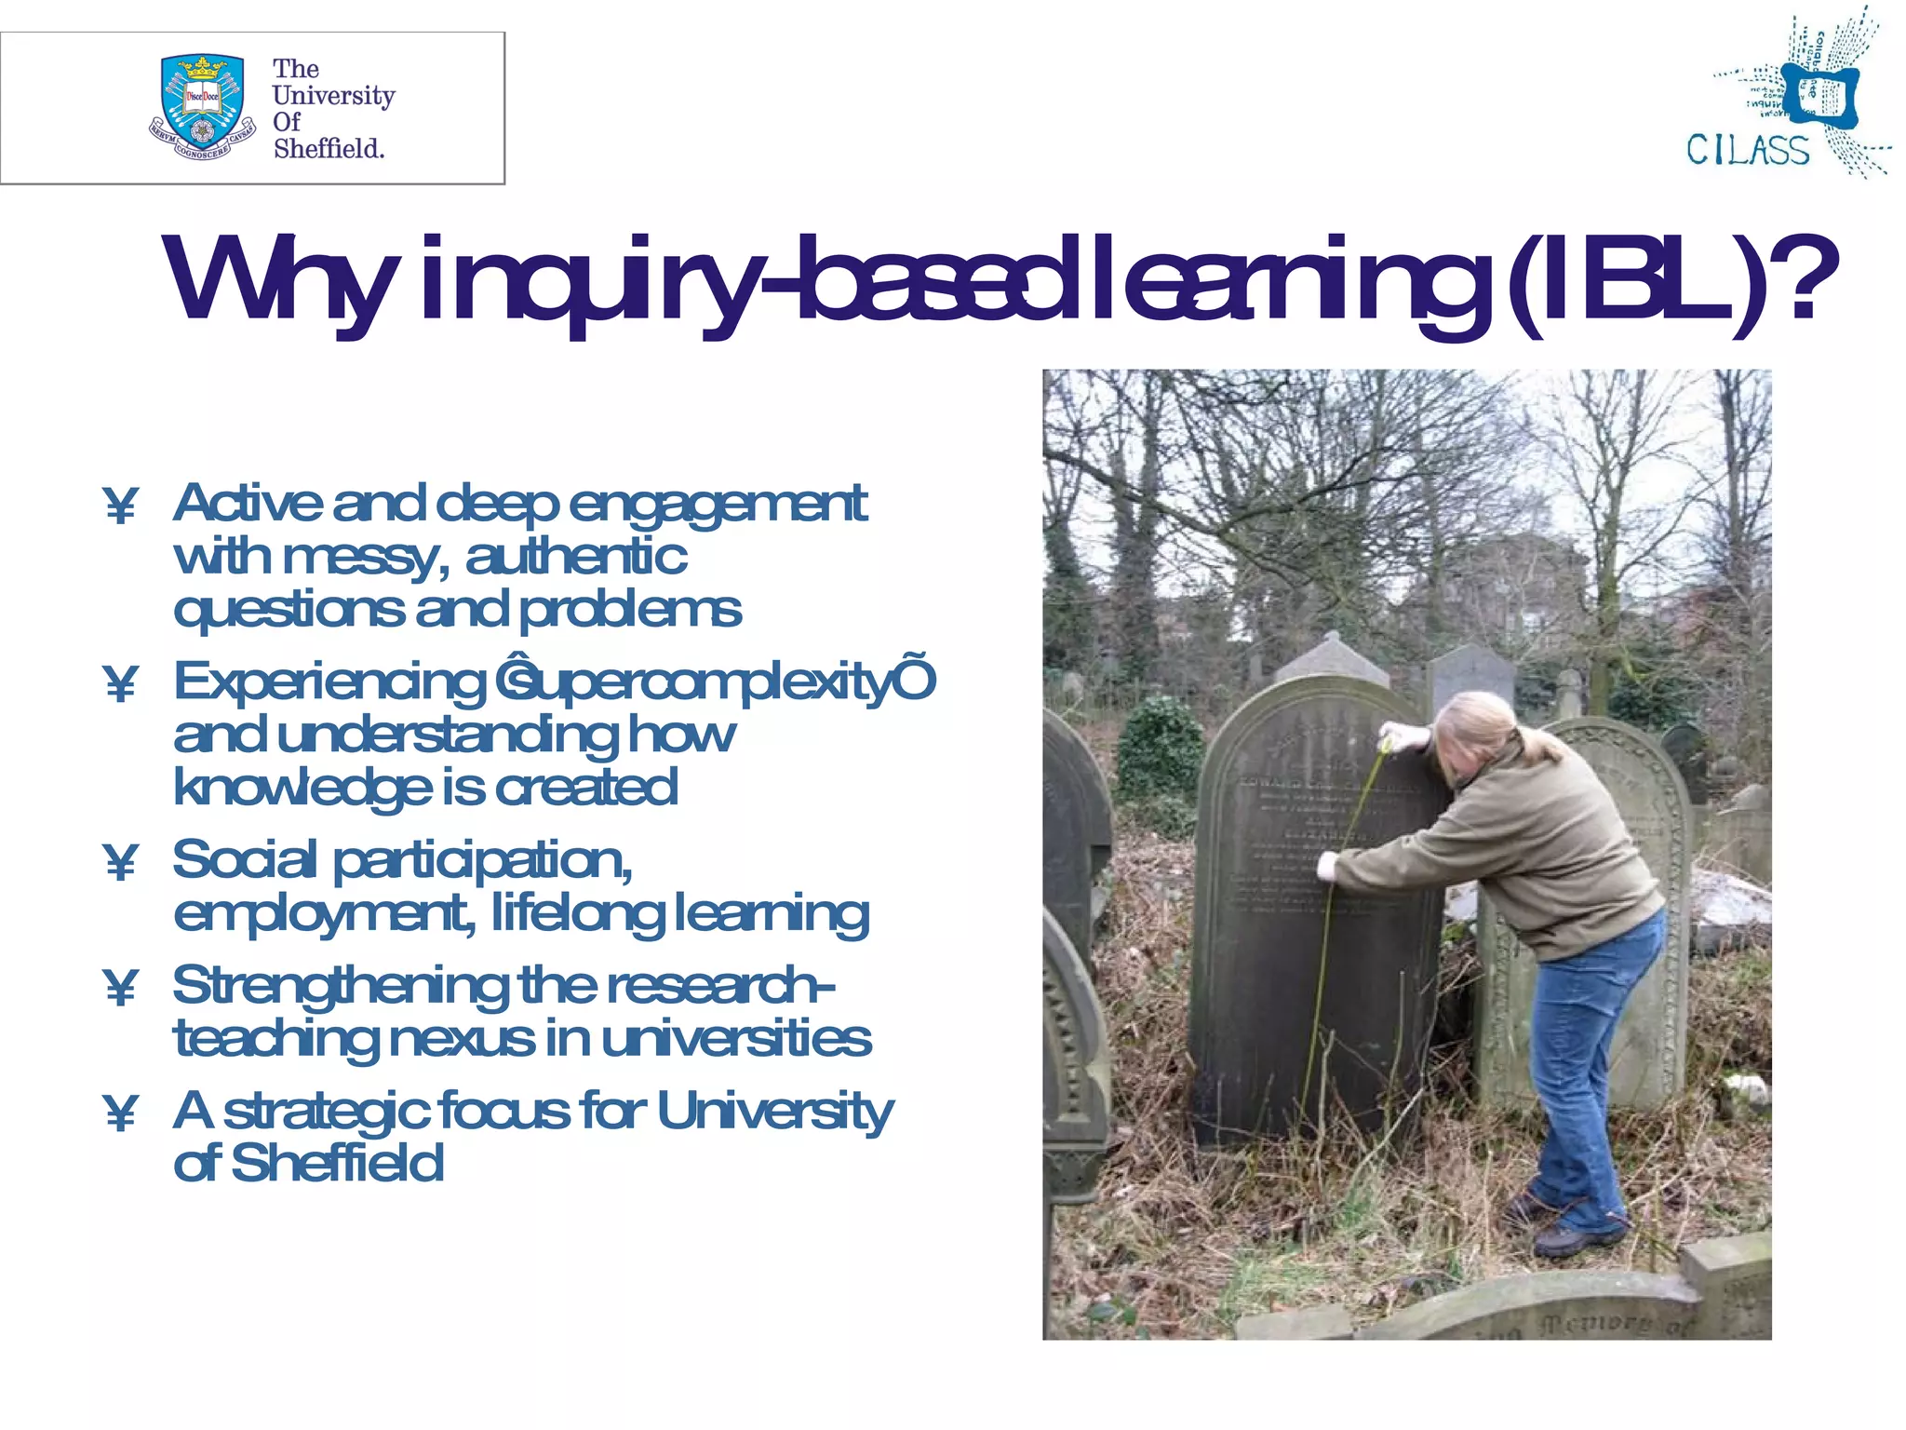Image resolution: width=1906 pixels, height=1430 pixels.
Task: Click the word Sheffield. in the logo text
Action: (329, 149)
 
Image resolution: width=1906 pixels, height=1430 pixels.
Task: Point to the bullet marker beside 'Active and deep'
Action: (121, 506)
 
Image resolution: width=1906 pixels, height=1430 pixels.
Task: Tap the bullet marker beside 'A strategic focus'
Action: (121, 1113)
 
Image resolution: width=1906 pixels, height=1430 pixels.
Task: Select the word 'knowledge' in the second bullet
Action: (302, 789)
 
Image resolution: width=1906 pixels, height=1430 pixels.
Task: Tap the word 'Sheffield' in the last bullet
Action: (337, 1164)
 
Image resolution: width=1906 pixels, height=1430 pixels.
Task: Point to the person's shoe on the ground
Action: (1573, 1238)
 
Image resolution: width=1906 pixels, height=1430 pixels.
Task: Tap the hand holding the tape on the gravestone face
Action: (1325, 869)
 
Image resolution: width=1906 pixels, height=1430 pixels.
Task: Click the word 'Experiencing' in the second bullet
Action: (330, 682)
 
